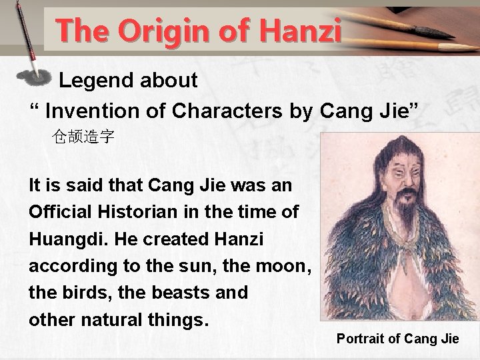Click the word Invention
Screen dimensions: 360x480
coord(90,109)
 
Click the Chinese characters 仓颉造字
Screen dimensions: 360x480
coord(83,138)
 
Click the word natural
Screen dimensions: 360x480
coord(111,319)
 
